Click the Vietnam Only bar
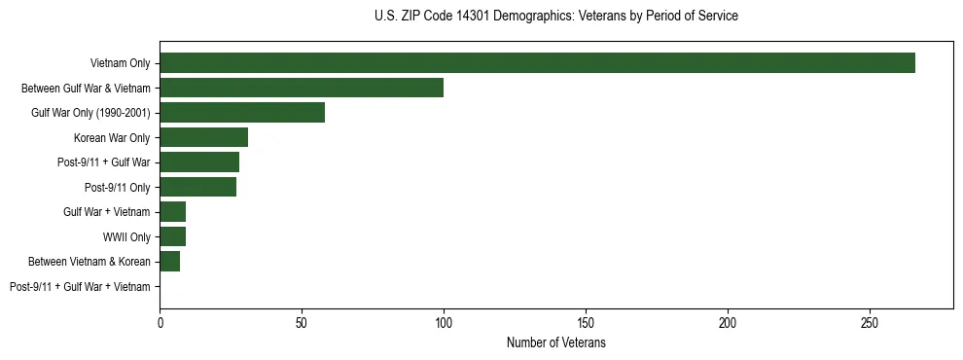tap(537, 62)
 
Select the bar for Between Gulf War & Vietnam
tap(302, 88)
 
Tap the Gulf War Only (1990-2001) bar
tap(242, 113)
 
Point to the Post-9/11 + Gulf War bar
tap(199, 162)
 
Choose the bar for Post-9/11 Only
tap(197, 187)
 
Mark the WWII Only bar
tap(172, 236)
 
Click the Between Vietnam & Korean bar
tap(169, 262)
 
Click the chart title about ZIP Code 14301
tap(555, 17)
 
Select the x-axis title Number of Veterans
tap(555, 343)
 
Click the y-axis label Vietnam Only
tap(120, 63)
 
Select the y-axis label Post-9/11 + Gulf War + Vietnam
tap(80, 287)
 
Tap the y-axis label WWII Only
tap(126, 237)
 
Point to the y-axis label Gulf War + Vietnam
tap(107, 212)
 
